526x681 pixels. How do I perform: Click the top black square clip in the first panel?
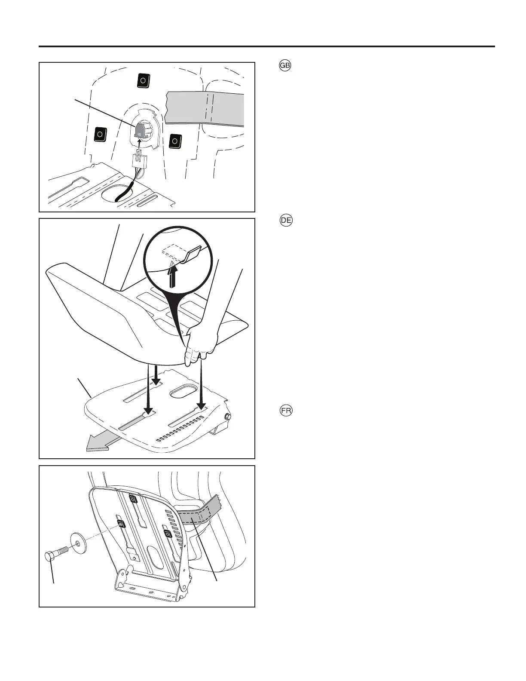(x=143, y=80)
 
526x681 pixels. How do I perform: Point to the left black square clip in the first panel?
(x=100, y=134)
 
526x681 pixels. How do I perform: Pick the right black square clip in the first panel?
(x=175, y=141)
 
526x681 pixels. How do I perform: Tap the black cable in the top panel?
(x=125, y=191)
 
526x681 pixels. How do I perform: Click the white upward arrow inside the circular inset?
(x=172, y=275)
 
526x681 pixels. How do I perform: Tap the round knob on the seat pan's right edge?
(x=228, y=417)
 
